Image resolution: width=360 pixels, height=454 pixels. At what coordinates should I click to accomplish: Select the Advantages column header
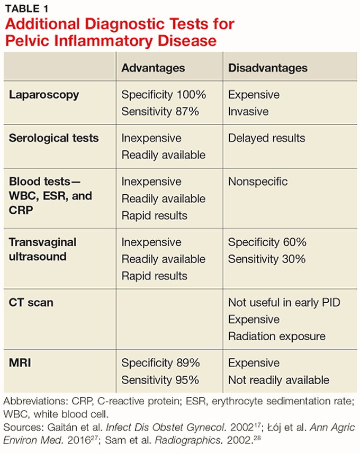[153, 68]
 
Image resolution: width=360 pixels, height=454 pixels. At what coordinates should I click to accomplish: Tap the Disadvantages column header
[267, 68]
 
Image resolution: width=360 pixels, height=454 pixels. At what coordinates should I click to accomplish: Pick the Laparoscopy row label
[44, 95]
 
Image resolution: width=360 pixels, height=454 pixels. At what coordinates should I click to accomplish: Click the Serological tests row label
[53, 138]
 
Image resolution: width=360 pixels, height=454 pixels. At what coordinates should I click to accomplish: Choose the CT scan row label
[31, 303]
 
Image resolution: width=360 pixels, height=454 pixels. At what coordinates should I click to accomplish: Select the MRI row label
[20, 363]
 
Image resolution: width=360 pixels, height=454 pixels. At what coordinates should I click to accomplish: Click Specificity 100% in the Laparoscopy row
[164, 95]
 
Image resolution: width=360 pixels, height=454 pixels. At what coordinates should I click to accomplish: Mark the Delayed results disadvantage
[266, 138]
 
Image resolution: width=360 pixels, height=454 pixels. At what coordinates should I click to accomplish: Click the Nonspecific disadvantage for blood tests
[258, 181]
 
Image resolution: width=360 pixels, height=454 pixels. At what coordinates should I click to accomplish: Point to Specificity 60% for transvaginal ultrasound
[267, 242]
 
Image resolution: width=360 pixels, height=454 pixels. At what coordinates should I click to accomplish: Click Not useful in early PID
[284, 303]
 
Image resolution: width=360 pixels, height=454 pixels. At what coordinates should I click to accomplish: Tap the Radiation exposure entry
[276, 337]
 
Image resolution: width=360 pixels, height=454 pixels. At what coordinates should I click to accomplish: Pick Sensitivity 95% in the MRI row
[160, 380]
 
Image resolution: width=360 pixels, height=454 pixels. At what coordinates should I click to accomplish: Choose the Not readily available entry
[278, 380]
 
